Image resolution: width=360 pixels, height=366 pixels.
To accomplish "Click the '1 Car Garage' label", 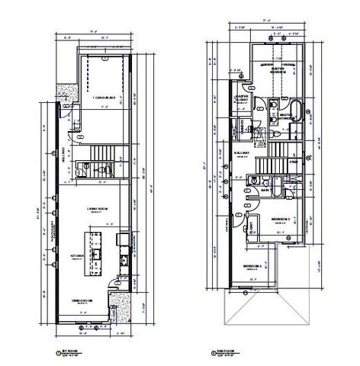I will (104, 98).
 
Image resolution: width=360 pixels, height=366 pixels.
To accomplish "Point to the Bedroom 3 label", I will (253, 265).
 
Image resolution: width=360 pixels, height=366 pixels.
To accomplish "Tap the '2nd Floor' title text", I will (226, 352).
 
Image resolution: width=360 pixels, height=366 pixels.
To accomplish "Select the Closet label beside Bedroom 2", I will (253, 226).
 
